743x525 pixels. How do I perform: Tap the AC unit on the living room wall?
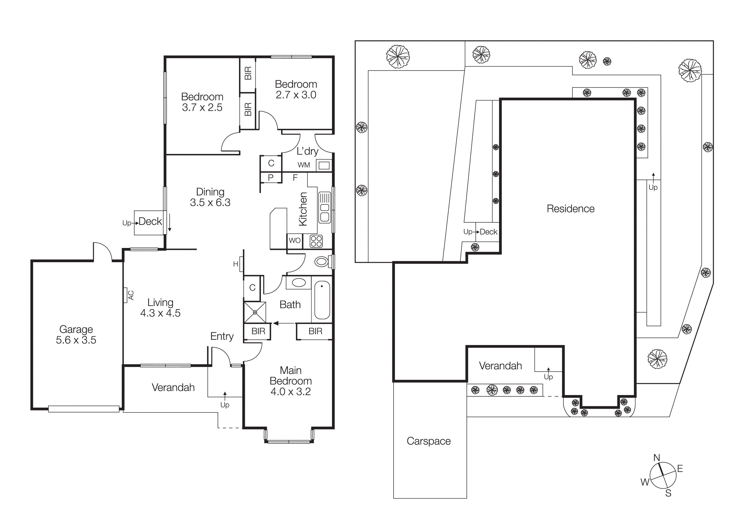[125, 295]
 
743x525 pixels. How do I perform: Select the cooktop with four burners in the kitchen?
[316, 241]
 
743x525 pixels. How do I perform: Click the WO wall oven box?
[294, 241]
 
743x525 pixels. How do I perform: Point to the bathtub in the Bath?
[322, 300]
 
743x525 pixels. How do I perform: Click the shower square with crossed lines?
[255, 312]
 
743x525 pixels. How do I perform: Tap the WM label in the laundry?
[304, 165]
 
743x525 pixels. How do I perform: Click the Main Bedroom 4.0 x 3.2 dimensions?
[291, 391]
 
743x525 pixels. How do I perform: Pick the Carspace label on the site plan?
[428, 441]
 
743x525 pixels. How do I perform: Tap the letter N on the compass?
[657, 458]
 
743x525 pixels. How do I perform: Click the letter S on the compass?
[668, 493]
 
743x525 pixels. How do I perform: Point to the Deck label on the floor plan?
[150, 222]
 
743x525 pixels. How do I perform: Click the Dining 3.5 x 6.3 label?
[210, 197]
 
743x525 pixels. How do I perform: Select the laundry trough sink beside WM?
[324, 166]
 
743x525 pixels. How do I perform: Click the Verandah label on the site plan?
[500, 366]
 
